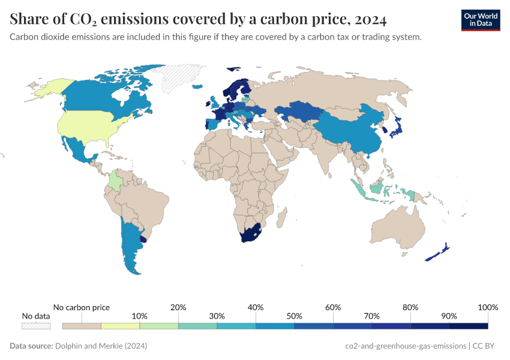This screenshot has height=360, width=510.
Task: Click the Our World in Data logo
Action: (x=480, y=20)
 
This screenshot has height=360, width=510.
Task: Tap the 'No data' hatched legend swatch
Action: (x=36, y=326)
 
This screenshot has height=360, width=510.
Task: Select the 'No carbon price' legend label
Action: (x=82, y=307)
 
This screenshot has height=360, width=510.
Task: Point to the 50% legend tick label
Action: (x=294, y=316)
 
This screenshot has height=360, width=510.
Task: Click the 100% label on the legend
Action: (x=487, y=307)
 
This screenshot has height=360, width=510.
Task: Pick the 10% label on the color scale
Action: (x=139, y=316)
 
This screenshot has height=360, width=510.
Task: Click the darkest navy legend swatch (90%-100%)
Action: (x=468, y=326)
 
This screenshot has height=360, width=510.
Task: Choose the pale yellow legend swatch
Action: (x=120, y=326)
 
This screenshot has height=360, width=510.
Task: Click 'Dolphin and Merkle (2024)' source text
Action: (x=101, y=346)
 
